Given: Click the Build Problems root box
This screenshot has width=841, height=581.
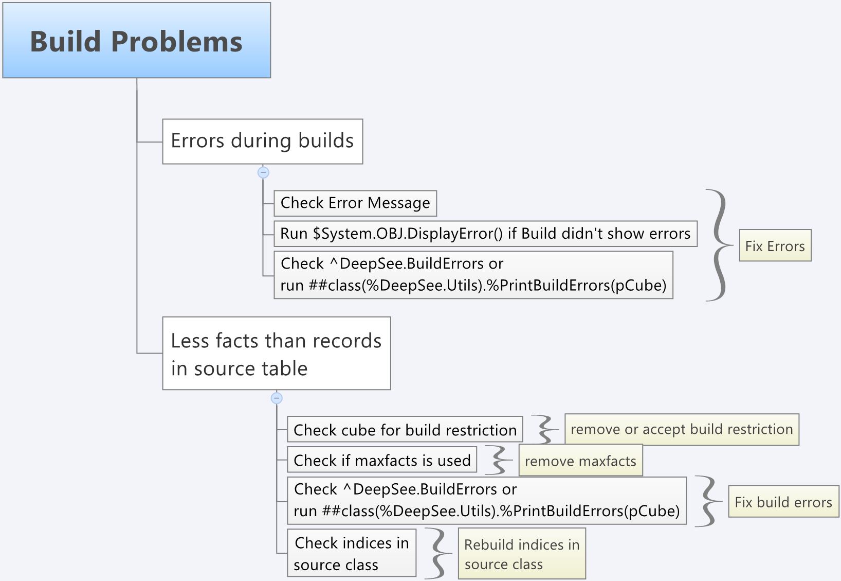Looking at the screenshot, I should point(136,41).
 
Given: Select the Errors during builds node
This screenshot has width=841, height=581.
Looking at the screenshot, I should point(262,142).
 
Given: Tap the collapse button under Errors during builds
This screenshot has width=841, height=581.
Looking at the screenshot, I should point(263,172).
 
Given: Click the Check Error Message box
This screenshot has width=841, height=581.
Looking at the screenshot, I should point(355,203).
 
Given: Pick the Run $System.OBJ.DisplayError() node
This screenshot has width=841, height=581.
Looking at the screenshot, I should point(485,234).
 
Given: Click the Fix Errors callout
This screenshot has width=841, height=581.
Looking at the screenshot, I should point(775,245).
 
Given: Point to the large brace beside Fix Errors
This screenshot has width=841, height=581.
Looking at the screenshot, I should point(719,245).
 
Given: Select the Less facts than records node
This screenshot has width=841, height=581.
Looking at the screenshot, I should point(276,354).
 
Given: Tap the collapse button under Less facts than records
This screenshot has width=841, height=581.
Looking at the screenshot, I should point(277,398).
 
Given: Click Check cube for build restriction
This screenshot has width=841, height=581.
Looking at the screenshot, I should point(405,430).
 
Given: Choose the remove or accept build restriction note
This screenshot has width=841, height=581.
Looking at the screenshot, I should point(681,429).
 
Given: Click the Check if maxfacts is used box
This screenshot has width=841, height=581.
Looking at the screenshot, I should point(381,460).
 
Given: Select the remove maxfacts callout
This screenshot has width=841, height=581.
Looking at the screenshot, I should point(580,461).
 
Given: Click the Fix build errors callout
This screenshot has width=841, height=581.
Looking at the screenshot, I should point(783,502).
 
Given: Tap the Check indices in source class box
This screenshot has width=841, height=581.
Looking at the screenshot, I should point(351,553).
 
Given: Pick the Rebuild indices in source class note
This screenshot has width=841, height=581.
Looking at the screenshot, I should point(521,554).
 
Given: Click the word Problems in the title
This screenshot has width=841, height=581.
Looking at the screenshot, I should point(176,42).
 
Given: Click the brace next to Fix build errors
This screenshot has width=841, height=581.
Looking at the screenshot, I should point(708,501).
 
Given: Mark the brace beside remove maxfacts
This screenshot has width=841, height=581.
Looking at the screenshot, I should point(499,460).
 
